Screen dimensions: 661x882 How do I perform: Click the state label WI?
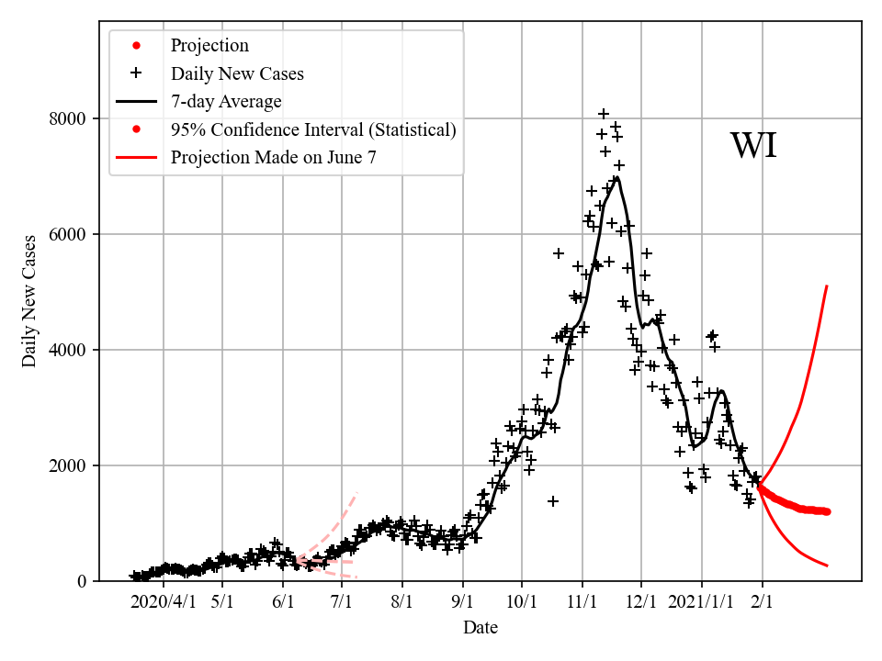point(753,147)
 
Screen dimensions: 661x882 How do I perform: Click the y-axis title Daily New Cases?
point(30,301)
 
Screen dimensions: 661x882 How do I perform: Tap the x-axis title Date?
point(481,628)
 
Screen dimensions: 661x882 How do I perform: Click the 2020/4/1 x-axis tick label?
point(164,602)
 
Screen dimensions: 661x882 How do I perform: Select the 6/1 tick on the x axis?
point(283,602)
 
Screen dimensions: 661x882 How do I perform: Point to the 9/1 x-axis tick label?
point(463,602)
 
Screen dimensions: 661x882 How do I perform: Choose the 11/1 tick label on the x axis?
point(582,602)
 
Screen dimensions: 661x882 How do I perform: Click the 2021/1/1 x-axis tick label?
point(702,602)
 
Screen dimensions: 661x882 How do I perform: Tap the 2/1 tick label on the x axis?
point(763,602)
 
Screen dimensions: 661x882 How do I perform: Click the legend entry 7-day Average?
point(225,101)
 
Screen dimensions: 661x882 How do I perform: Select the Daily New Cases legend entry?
point(236,73)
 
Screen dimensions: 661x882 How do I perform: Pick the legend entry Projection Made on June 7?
point(273,158)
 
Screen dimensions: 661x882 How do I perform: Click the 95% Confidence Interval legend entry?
point(312,129)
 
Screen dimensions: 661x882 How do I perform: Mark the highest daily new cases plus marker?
point(604,114)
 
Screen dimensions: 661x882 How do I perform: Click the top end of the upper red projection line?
point(827,286)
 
